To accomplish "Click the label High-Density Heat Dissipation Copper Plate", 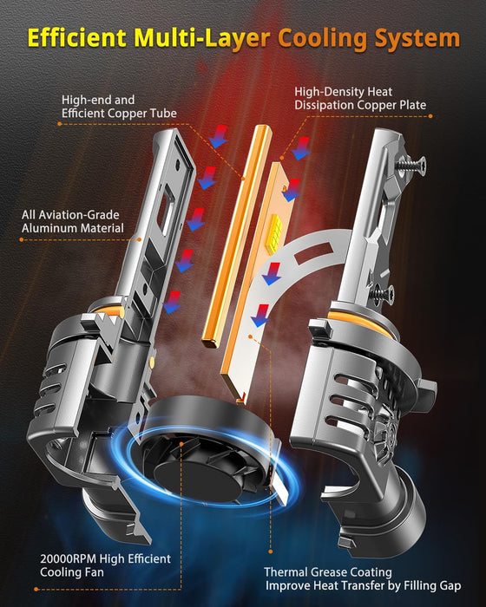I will pyautogui.click(x=359, y=98).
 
